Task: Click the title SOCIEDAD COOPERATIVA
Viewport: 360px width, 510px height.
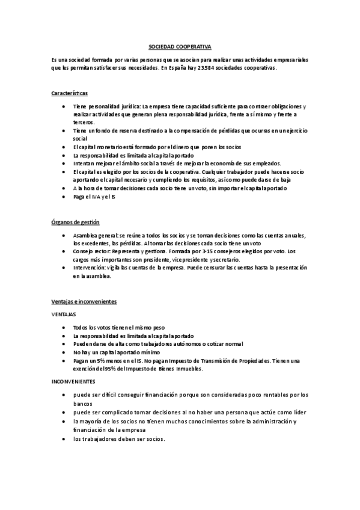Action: pyautogui.click(x=180, y=46)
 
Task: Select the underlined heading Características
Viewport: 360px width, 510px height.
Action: pyautogui.click(x=70, y=93)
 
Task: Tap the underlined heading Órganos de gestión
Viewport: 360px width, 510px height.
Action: pyautogui.click(x=76, y=222)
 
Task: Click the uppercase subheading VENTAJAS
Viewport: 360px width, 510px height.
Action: pyautogui.click(x=64, y=314)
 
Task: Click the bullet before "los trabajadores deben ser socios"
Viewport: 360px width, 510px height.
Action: pyautogui.click(x=64, y=438)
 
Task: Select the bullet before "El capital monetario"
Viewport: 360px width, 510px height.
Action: pyautogui.click(x=64, y=147)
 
